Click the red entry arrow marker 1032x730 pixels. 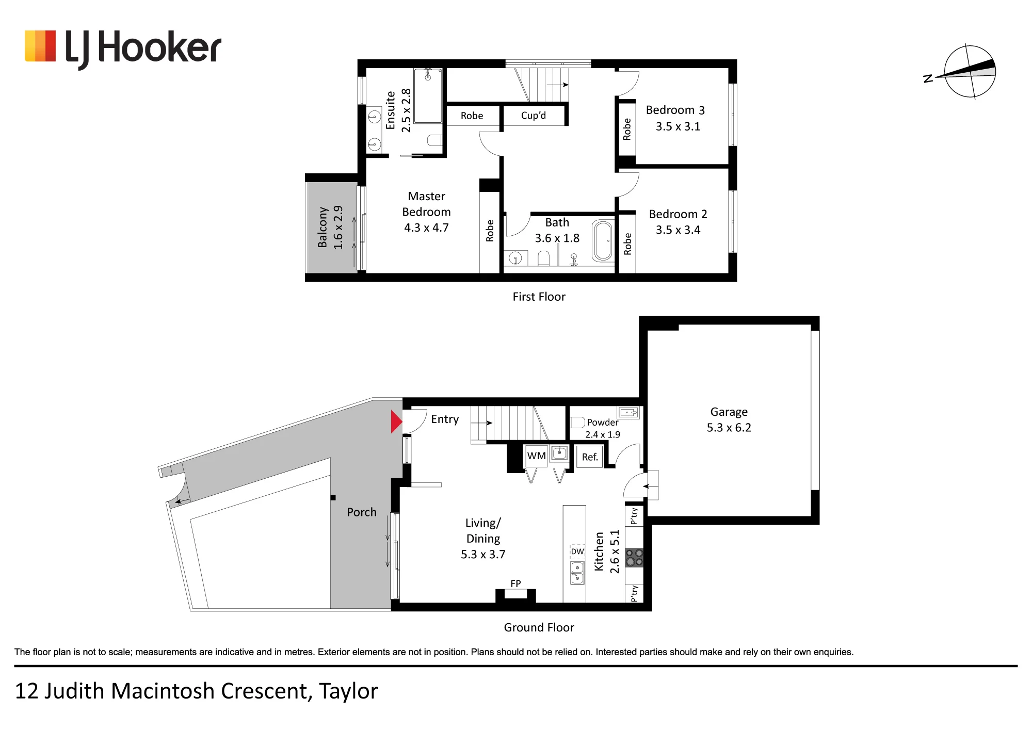396,421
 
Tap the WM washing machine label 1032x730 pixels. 536,456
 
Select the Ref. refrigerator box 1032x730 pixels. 590,457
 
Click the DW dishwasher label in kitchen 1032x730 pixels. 577,551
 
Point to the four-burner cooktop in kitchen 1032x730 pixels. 634,558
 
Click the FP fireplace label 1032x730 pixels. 515,583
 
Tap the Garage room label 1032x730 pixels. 729,412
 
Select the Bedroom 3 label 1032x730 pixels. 675,110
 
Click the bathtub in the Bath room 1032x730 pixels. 602,240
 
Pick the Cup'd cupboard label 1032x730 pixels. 533,116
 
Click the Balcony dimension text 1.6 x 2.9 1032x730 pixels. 338,228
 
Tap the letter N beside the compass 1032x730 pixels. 928,78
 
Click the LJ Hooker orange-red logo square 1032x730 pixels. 40,46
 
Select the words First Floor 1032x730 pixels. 539,297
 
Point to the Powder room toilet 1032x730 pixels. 577,423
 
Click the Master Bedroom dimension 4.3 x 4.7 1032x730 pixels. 426,228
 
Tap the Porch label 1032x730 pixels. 362,512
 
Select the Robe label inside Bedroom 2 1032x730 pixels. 627,244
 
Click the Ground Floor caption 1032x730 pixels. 539,627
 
